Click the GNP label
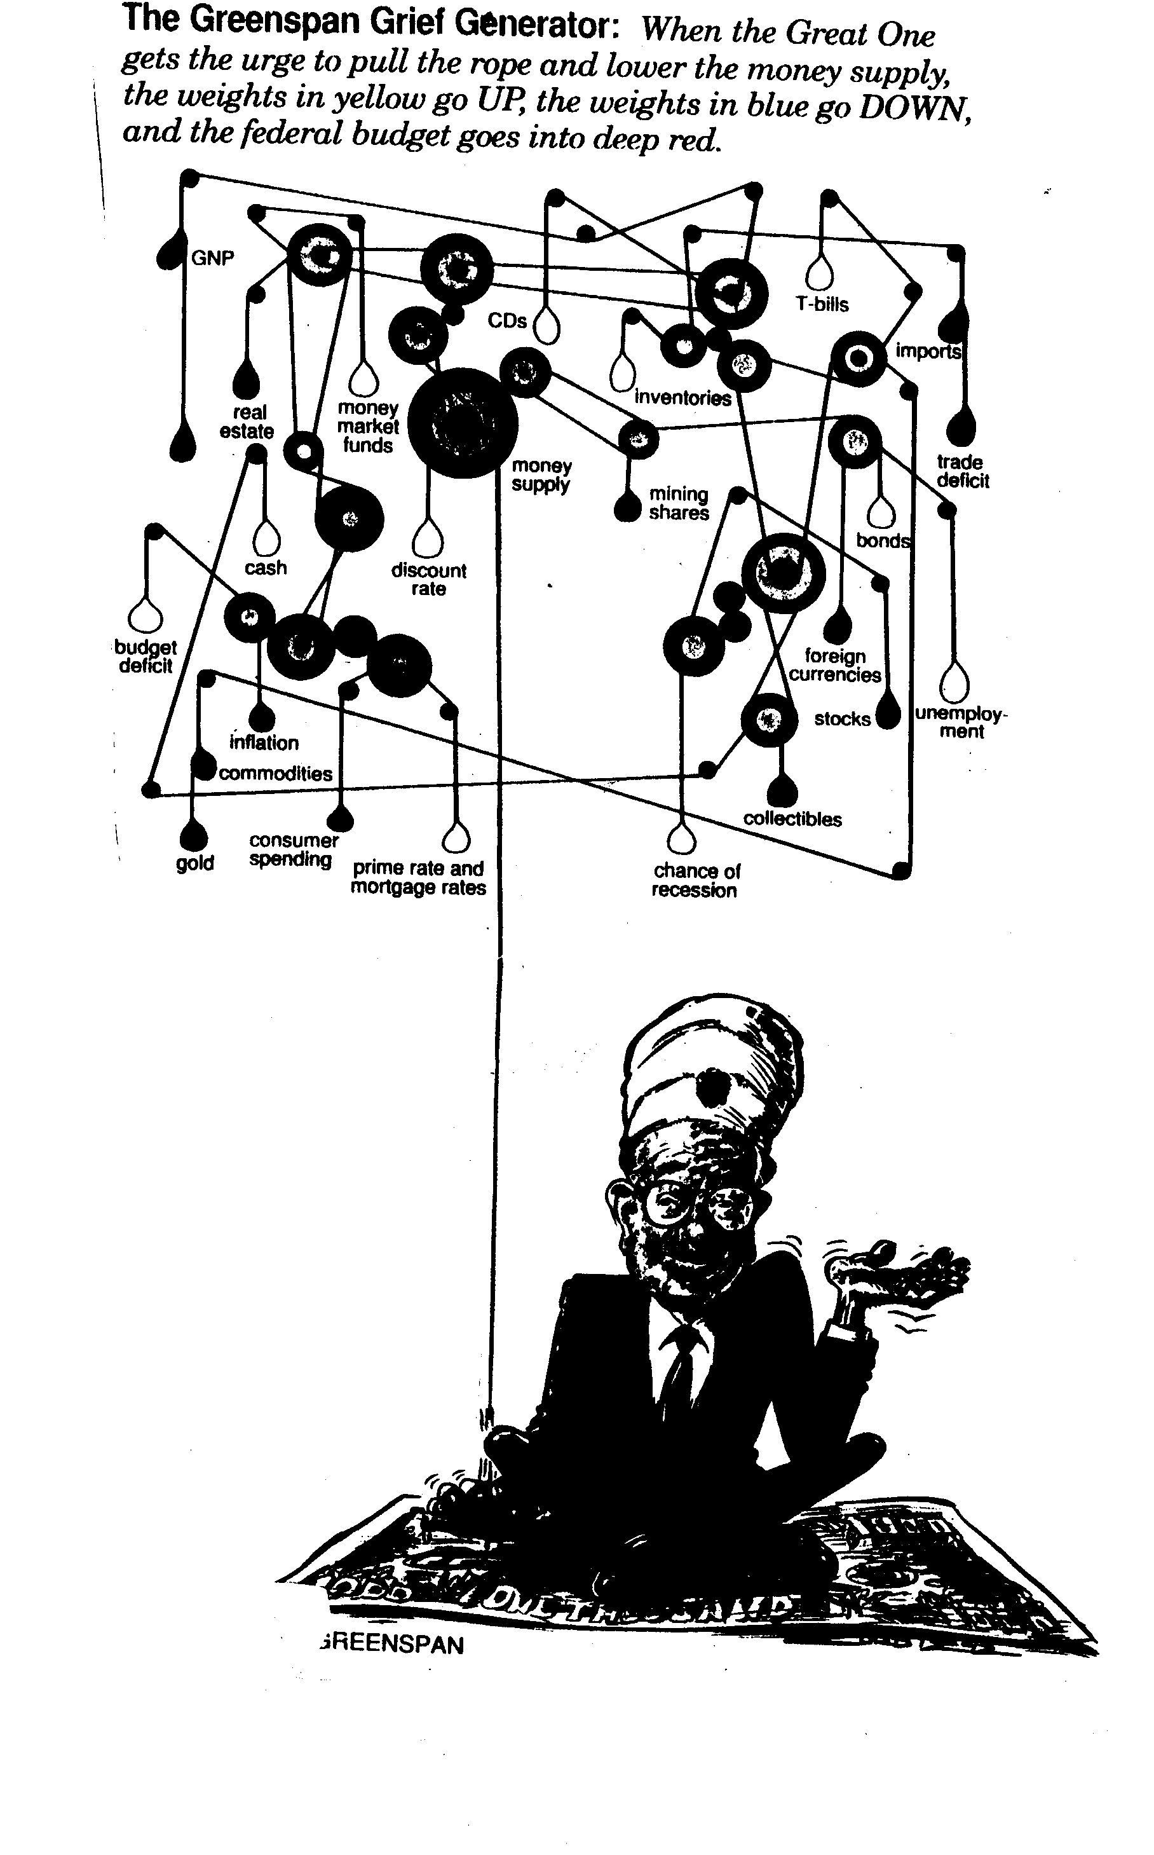pos(212,258)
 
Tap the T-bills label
pos(822,304)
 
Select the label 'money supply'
pos(541,475)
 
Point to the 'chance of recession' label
pos(695,880)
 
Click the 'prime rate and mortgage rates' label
pos(418,878)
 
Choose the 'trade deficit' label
pos(963,471)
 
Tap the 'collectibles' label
pos(792,819)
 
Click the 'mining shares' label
pos(679,503)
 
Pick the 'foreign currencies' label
pos(835,665)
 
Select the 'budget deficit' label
pos(145,657)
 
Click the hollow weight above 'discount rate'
pos(428,538)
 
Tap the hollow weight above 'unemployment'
pos(953,681)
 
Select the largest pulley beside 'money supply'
pos(463,423)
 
